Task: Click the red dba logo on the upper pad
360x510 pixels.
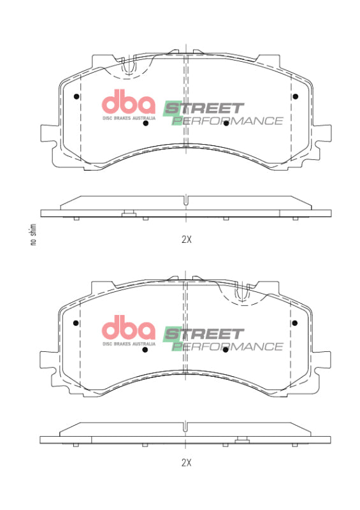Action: (129, 103)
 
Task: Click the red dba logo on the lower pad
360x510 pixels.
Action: (129, 330)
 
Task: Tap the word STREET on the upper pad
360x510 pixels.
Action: (204, 108)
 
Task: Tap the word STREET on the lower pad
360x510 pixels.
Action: (204, 334)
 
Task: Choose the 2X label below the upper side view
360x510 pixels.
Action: (186, 240)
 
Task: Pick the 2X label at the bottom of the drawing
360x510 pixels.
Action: (186, 462)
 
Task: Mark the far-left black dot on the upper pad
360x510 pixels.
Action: (76, 97)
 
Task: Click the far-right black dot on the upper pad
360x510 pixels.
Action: (295, 97)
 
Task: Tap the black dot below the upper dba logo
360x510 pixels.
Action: (146, 123)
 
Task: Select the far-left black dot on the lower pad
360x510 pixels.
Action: (76, 323)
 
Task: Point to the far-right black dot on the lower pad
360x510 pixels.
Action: (295, 323)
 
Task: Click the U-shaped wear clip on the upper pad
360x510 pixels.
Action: (129, 67)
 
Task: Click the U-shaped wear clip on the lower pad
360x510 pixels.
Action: (241, 293)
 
